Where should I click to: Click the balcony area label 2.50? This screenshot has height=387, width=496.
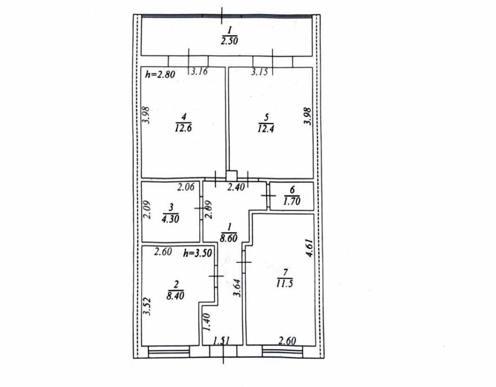[x=230, y=41]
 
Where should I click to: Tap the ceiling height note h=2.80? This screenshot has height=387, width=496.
[x=160, y=75]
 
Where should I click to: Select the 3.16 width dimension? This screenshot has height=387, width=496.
[x=199, y=72]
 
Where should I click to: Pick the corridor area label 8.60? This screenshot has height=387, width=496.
[x=228, y=238]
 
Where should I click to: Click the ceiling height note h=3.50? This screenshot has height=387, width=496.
[x=197, y=252]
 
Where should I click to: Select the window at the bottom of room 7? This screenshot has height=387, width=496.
[x=282, y=351]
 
